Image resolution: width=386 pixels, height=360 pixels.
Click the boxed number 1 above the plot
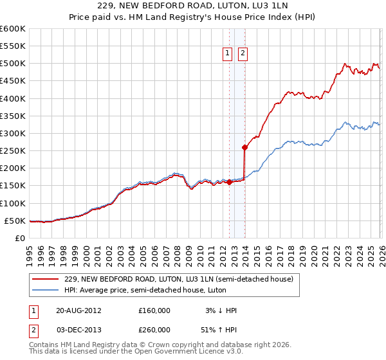(x=228, y=54)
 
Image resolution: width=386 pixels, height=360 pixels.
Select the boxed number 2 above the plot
(x=243, y=54)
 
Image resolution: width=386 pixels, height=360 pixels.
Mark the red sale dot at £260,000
(x=244, y=147)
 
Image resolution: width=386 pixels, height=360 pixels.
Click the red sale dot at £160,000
(x=230, y=182)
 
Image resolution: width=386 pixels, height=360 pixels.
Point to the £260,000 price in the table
(x=154, y=328)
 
